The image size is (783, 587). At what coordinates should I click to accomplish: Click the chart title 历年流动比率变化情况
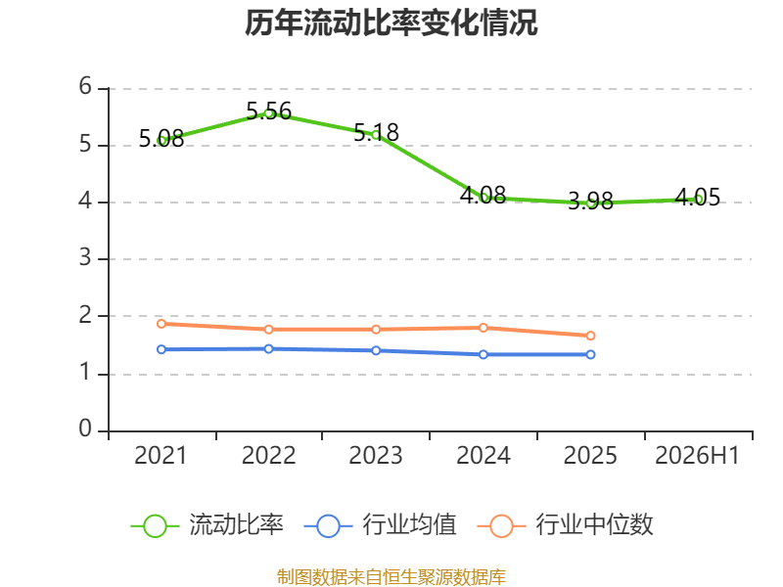(x=391, y=23)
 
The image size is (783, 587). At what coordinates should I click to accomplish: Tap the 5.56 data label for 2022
(x=268, y=111)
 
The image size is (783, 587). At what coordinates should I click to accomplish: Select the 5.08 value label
(x=161, y=138)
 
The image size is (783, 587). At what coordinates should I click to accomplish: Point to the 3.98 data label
(x=591, y=201)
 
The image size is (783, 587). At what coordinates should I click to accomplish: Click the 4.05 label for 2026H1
(x=698, y=198)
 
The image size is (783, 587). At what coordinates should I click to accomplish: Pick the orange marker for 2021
(x=161, y=324)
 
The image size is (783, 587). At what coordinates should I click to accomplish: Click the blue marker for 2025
(x=590, y=354)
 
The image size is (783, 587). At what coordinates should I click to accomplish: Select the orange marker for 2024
(x=484, y=328)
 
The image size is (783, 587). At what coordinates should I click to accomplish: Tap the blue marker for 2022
(x=268, y=349)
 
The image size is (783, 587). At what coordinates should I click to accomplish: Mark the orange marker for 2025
(x=590, y=336)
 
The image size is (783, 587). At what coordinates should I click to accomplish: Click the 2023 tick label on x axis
(x=376, y=456)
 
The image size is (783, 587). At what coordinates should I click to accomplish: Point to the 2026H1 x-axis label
(x=697, y=456)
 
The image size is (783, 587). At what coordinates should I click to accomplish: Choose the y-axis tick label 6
(x=85, y=87)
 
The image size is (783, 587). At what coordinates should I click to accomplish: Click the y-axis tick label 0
(x=85, y=429)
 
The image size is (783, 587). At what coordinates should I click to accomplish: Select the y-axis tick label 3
(x=85, y=258)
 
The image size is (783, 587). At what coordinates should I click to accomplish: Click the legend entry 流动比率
(x=207, y=525)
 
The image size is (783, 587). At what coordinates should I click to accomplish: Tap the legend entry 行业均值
(x=380, y=525)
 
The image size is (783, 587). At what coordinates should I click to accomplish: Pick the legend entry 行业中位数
(x=566, y=525)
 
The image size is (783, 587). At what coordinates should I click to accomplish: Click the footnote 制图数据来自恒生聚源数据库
(x=391, y=577)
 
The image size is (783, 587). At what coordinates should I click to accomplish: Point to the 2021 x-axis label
(x=161, y=456)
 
